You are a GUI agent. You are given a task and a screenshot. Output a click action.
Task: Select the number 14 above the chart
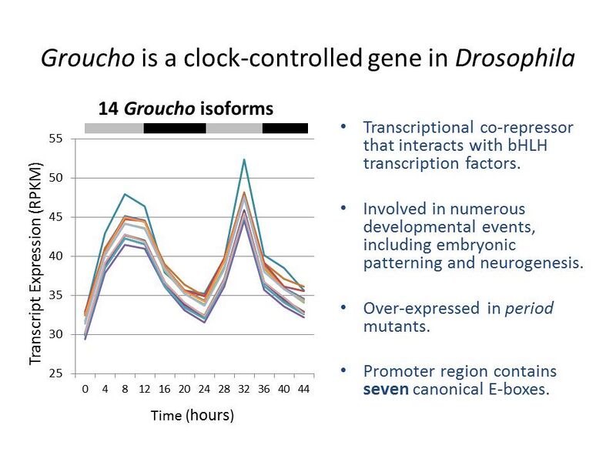(x=109, y=109)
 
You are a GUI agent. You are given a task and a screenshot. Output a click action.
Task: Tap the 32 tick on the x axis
(x=244, y=390)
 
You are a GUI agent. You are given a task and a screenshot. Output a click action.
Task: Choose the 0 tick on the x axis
(x=85, y=390)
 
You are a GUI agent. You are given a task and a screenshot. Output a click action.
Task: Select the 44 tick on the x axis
(x=303, y=390)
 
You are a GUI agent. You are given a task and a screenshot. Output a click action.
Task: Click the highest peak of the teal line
(x=244, y=159)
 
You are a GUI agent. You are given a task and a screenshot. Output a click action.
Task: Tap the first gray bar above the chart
(x=114, y=128)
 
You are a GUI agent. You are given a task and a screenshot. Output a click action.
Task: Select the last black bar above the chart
(x=285, y=128)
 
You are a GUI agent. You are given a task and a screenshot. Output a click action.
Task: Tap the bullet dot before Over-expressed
(x=343, y=308)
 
